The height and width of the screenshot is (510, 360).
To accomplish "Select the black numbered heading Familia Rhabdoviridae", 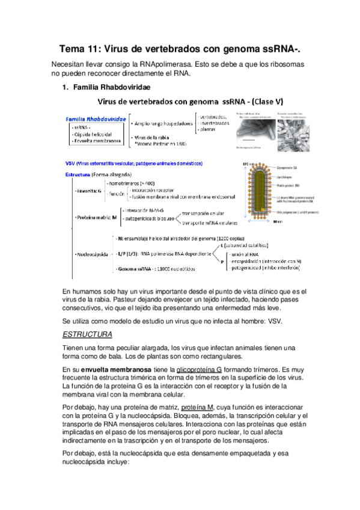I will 106,88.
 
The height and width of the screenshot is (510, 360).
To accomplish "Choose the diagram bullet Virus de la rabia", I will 154,138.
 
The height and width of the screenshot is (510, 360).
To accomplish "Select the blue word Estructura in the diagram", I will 78,174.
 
